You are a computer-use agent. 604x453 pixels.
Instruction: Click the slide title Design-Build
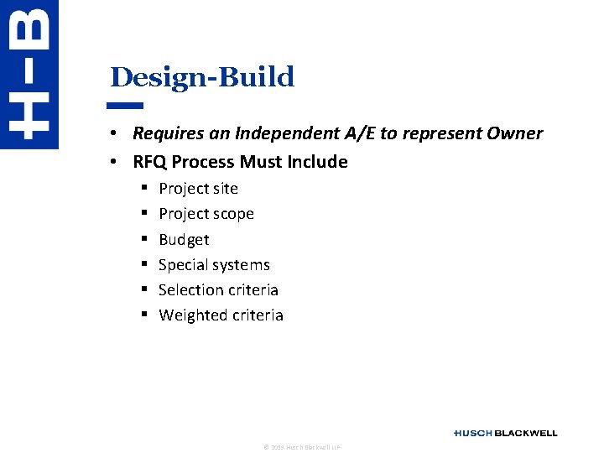tap(202, 77)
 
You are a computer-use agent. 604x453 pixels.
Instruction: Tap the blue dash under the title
tap(126, 106)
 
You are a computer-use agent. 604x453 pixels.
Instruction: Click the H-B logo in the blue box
tap(29, 74)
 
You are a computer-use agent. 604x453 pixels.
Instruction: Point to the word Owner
tap(516, 133)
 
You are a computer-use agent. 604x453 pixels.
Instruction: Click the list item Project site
tap(198, 189)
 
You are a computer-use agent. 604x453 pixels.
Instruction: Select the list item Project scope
tap(206, 214)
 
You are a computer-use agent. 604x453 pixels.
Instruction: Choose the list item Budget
tap(184, 240)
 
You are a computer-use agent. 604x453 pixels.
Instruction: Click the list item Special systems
tap(214, 265)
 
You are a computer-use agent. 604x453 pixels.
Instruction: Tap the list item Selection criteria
tap(218, 290)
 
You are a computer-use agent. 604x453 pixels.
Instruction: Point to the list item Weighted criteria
tap(221, 315)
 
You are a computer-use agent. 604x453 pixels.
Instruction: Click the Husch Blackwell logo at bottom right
tap(505, 433)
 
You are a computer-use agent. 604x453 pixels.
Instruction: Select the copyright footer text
tap(302, 448)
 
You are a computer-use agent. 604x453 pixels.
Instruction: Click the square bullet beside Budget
tap(144, 240)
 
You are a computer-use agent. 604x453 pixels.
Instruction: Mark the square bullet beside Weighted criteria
tap(144, 315)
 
